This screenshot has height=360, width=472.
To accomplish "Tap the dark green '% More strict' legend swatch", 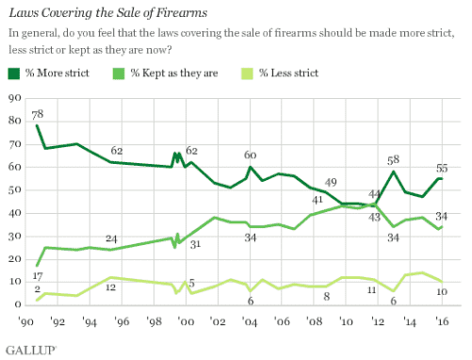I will (13, 74).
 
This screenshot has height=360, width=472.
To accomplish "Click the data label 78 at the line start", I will (38, 113).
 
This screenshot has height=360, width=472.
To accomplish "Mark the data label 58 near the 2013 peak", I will (392, 160).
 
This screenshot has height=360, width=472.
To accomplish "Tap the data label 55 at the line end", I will (441, 169).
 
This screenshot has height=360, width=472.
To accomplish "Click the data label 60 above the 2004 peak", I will (250, 155).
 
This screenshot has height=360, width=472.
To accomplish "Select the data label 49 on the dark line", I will (331, 182).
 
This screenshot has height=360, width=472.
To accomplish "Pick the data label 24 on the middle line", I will (111, 238).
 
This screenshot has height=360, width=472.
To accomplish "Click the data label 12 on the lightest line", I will (111, 287).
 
